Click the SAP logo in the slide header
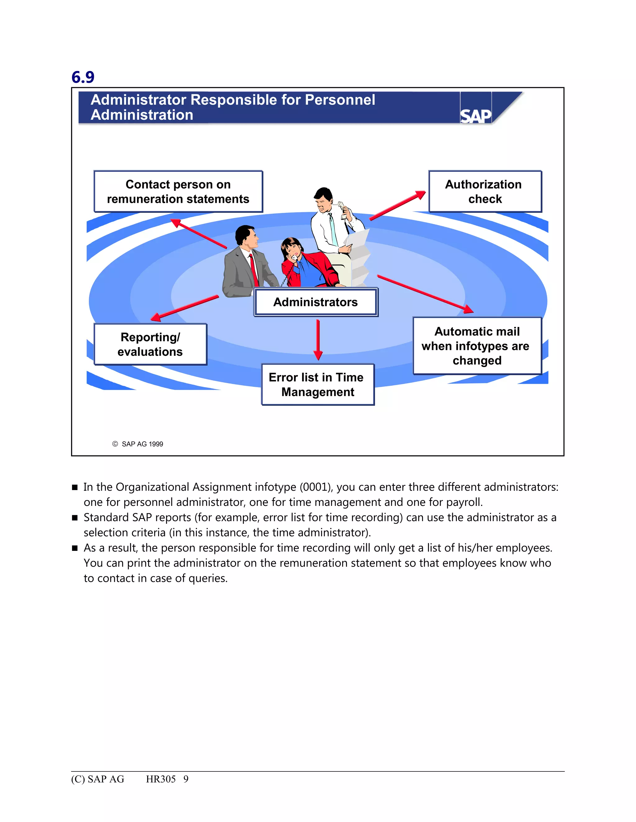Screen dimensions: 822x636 click(x=475, y=116)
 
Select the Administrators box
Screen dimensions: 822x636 click(x=316, y=302)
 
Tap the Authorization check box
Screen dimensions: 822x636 click(x=485, y=192)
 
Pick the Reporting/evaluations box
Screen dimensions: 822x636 click(x=150, y=344)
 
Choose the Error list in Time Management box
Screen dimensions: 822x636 click(x=318, y=385)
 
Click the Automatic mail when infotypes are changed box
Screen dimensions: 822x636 click(x=477, y=346)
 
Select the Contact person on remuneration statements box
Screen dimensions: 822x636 click(x=178, y=192)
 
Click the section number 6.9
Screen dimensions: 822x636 click(x=83, y=77)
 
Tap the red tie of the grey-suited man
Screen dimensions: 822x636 click(x=253, y=270)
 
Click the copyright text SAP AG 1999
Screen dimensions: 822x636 click(x=142, y=444)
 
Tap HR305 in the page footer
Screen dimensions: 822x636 click(x=161, y=779)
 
